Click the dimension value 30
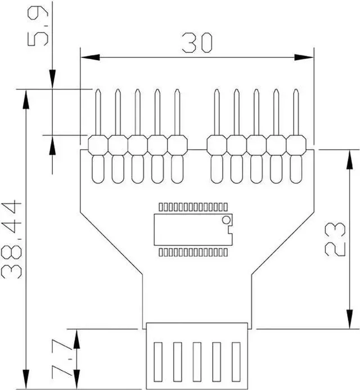pyautogui.click(x=197, y=43)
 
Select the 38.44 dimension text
pyautogui.click(x=12, y=239)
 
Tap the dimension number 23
pyautogui.click(x=336, y=239)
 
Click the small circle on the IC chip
pyautogui.click(x=226, y=219)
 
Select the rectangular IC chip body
pyautogui.click(x=191, y=230)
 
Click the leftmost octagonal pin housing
pyautogui.click(x=98, y=145)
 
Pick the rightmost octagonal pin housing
pyautogui.click(x=296, y=145)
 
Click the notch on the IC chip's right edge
pyautogui.click(x=229, y=230)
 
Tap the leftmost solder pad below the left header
pyautogui.click(x=98, y=169)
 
